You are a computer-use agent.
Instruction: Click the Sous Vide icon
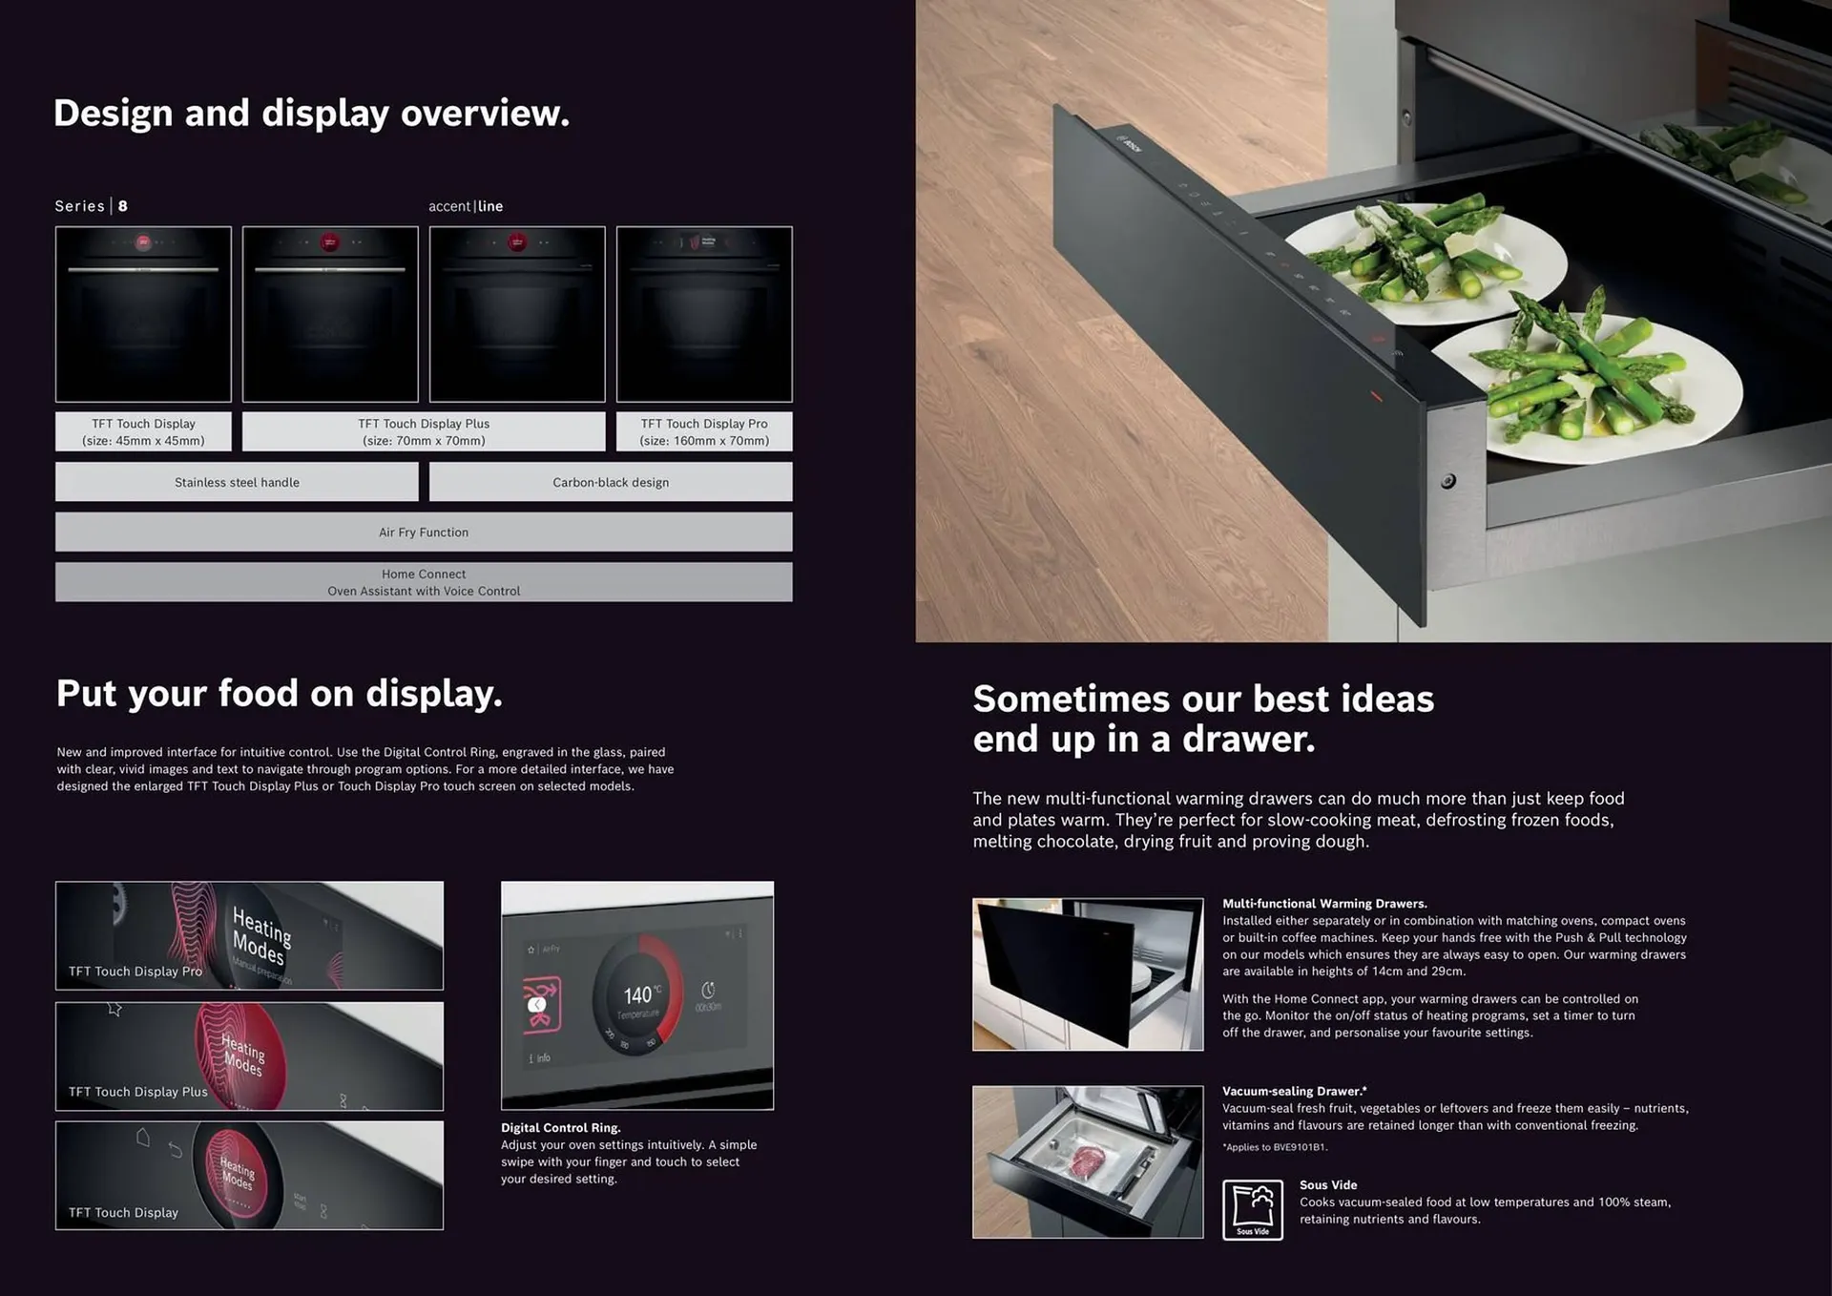[1252, 1209]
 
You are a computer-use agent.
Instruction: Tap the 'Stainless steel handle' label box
[237, 482]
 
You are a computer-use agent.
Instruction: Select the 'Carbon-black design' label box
[611, 482]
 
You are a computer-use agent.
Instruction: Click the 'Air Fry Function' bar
[424, 532]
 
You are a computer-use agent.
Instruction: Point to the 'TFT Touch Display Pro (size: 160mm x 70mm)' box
[704, 431]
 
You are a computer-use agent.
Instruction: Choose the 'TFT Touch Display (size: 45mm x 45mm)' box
[143, 431]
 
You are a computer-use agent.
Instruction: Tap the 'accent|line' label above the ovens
[466, 206]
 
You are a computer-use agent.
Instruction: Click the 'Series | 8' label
[92, 206]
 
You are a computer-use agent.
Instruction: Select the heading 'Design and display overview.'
[311, 114]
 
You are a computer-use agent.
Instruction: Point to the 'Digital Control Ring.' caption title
[560, 1127]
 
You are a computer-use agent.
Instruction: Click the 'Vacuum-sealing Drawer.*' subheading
[1294, 1091]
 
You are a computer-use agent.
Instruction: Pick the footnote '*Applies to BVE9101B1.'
[1275, 1147]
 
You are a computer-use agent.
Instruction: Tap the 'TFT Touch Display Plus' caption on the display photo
[138, 1092]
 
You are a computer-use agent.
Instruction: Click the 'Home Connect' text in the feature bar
[424, 574]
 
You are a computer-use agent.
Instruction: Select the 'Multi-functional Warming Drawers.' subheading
[1324, 903]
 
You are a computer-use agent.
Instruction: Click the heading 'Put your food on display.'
[280, 694]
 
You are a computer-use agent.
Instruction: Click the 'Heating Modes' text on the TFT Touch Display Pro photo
[260, 935]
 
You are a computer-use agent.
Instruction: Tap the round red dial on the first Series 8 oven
[143, 242]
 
